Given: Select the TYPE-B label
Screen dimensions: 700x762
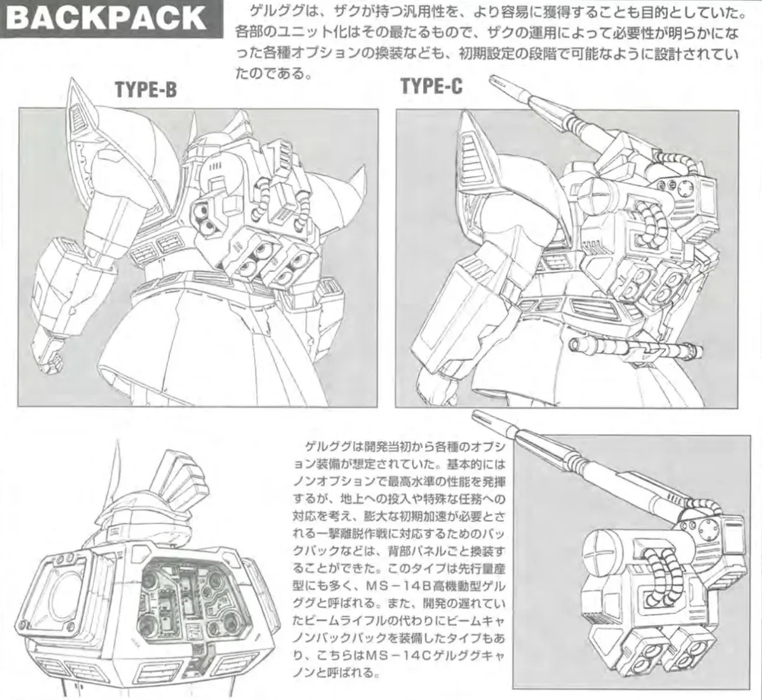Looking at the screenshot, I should point(145,91).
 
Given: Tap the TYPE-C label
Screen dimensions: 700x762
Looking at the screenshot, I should point(431,86).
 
